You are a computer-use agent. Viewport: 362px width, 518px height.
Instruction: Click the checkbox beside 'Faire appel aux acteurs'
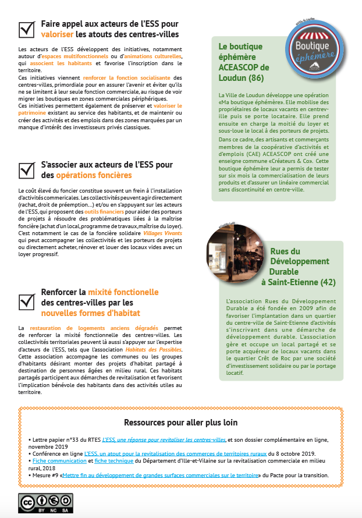(x=27, y=29)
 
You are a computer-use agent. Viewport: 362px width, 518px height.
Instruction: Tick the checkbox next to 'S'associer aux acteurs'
(x=27, y=169)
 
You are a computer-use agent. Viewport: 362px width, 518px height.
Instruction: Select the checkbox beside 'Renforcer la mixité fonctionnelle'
(x=27, y=301)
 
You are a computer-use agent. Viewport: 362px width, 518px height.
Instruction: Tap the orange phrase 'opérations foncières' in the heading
(x=94, y=175)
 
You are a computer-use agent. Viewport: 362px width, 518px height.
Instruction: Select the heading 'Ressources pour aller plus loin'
(x=181, y=422)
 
